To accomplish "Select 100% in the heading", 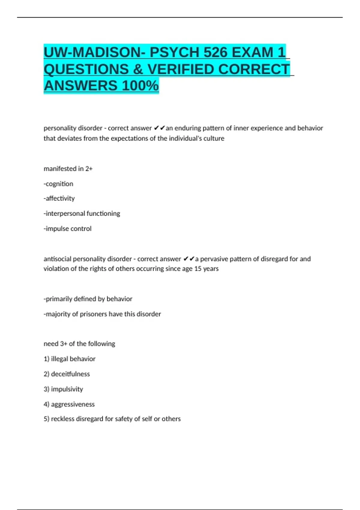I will click(140, 86).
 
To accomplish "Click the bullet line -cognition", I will click(58, 184).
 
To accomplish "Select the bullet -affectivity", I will click(59, 199).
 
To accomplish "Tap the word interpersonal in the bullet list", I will click(63, 214).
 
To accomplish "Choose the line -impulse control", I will click(67, 229).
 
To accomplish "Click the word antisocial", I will click(57, 259).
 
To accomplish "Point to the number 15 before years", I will click(198, 269).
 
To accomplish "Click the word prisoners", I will click(93, 314).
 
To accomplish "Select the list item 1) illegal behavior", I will click(70, 359).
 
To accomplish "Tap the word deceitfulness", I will click(70, 374).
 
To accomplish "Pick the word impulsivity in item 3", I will click(67, 389).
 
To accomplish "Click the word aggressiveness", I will click(73, 404).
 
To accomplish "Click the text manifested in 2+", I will click(68, 169).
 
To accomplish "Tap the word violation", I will click(56, 269).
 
